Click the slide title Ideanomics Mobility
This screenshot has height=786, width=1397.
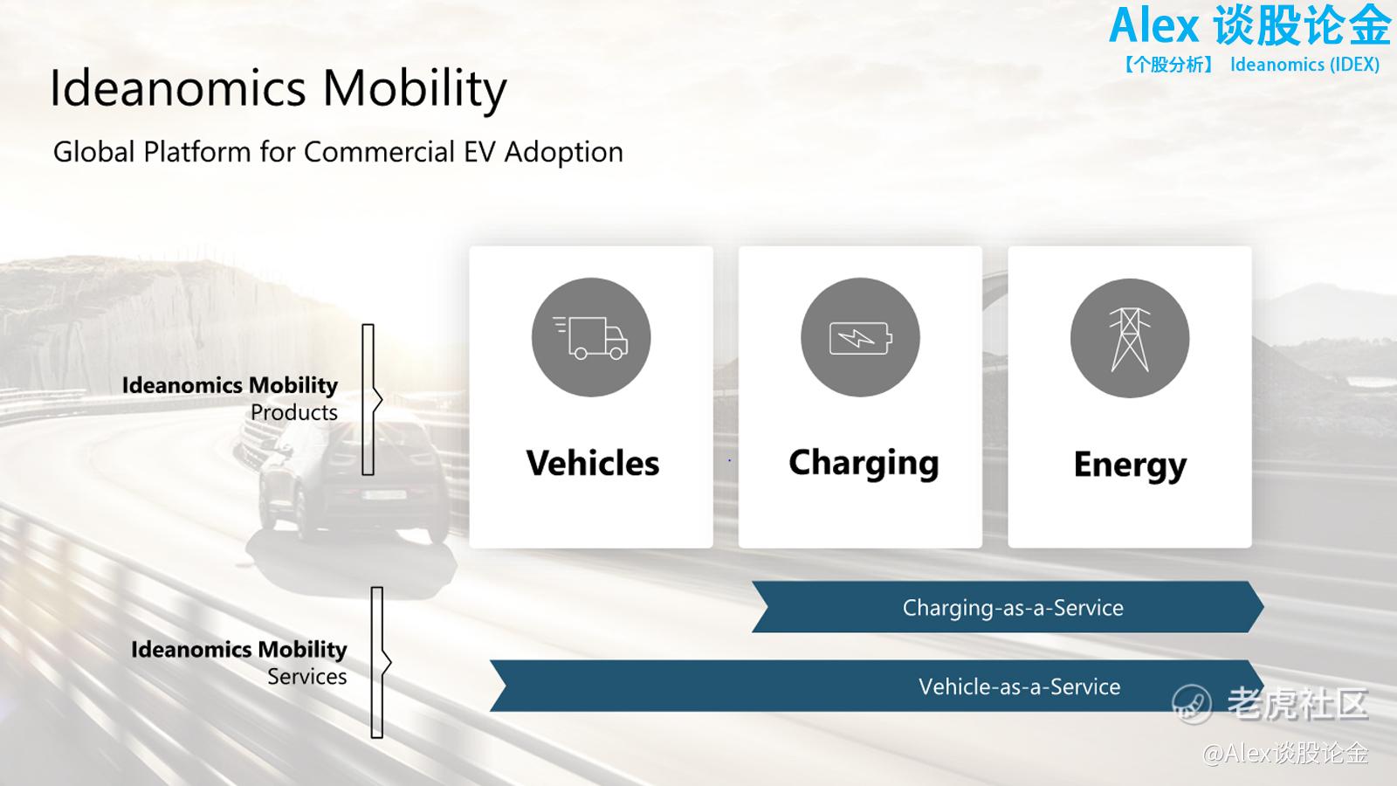tap(279, 88)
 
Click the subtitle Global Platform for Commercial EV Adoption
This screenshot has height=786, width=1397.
tap(338, 152)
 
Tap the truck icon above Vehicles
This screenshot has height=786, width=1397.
tap(591, 337)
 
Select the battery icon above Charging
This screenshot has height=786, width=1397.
tap(861, 337)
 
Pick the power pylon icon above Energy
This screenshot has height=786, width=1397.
tap(1130, 338)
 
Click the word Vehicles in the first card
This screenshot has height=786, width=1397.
tap(593, 464)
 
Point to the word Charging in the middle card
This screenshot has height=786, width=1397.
tap(864, 464)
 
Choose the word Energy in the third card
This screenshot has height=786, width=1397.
tap(1130, 466)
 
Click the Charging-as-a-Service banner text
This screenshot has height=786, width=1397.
tap(1013, 608)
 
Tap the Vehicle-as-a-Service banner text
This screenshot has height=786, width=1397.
tap(1020, 686)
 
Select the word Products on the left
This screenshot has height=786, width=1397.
tap(294, 412)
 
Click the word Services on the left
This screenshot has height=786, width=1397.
tap(307, 677)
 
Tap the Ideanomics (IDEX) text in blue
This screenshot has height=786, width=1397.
tap(1304, 65)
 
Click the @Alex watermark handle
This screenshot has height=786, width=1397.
tap(1285, 754)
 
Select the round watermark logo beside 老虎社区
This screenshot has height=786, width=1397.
tap(1192, 704)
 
